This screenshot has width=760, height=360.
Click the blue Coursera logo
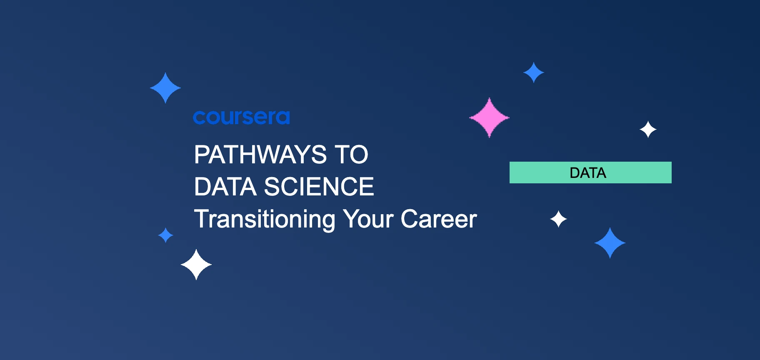pyautogui.click(x=241, y=117)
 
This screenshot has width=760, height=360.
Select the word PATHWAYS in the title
pyautogui.click(x=260, y=155)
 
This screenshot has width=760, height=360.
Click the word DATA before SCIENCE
pyautogui.click(x=225, y=186)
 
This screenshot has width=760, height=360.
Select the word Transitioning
pyautogui.click(x=265, y=219)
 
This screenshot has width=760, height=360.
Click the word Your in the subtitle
pyautogui.click(x=368, y=219)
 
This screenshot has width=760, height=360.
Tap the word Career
pyautogui.click(x=439, y=219)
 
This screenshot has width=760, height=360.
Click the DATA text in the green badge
pyautogui.click(x=587, y=173)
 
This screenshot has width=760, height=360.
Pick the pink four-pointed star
pyautogui.click(x=489, y=117)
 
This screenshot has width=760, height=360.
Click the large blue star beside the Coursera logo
pyautogui.click(x=165, y=88)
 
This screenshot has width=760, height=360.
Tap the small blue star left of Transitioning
pyautogui.click(x=165, y=235)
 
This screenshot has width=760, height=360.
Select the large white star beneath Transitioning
pyautogui.click(x=196, y=265)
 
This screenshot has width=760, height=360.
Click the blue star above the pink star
pyautogui.click(x=534, y=72)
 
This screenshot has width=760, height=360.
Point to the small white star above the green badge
pyautogui.click(x=648, y=130)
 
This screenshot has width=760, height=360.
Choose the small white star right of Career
pyautogui.click(x=558, y=219)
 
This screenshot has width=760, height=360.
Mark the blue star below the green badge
pyautogui.click(x=610, y=243)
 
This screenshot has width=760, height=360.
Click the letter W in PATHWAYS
pyautogui.click(x=269, y=155)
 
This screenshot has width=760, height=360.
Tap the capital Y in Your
pyautogui.click(x=351, y=219)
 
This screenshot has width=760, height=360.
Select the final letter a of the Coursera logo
pyautogui.click(x=282, y=118)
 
